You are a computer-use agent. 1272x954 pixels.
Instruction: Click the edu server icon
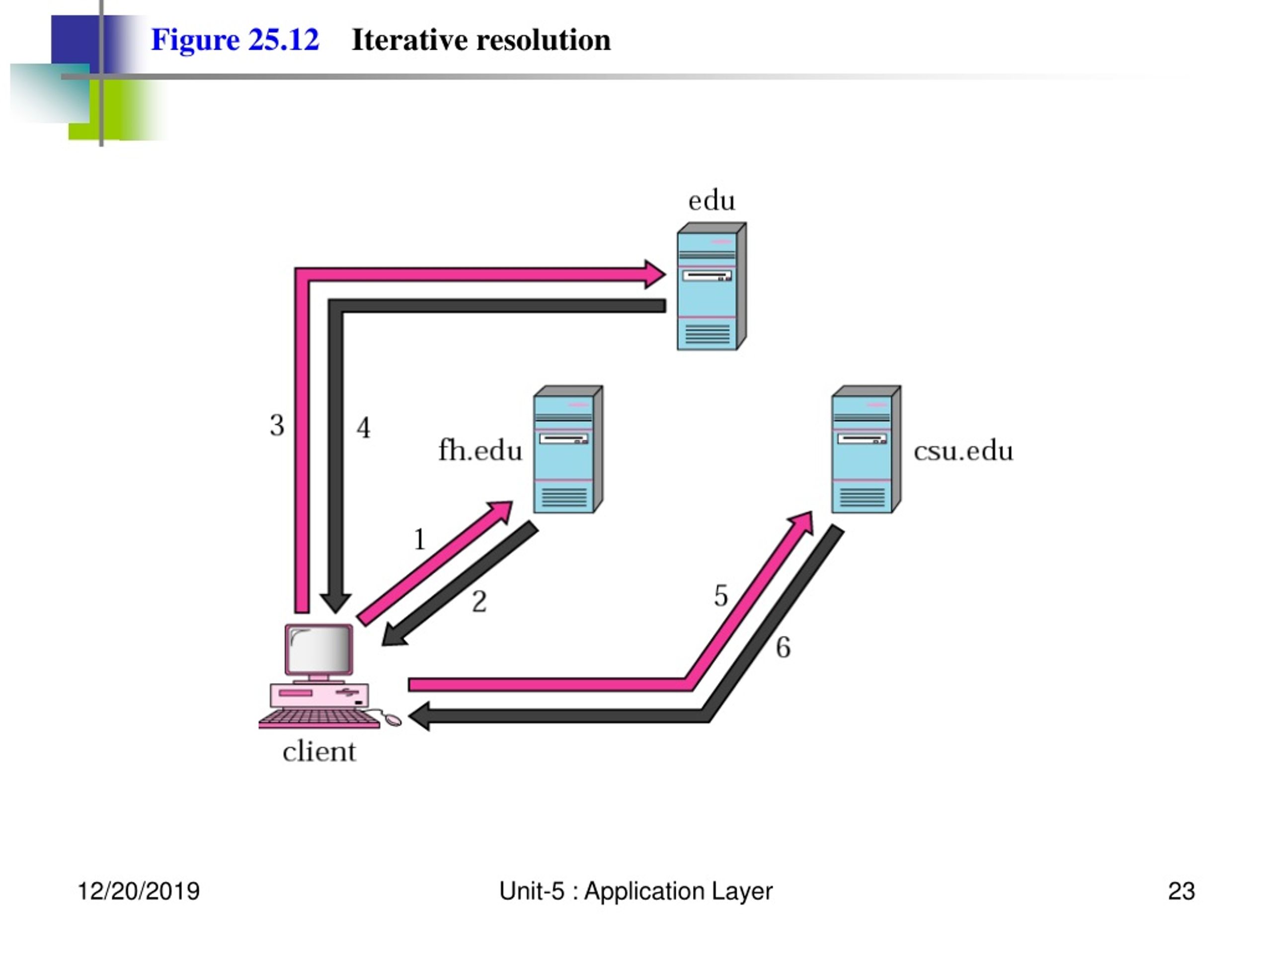(x=712, y=286)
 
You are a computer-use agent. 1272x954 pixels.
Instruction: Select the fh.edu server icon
(x=567, y=449)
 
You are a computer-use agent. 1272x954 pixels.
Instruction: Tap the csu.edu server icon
(x=866, y=449)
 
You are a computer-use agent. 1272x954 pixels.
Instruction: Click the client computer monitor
(x=319, y=651)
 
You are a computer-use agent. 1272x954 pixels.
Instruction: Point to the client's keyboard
(x=319, y=719)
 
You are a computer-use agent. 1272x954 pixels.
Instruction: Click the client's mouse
(x=393, y=719)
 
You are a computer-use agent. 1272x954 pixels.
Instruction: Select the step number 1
(x=420, y=540)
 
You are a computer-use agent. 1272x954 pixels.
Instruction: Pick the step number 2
(x=479, y=602)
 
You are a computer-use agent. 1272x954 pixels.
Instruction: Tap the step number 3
(x=277, y=425)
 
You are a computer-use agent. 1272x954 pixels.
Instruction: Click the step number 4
(x=363, y=427)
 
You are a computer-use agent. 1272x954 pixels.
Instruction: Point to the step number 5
(x=721, y=596)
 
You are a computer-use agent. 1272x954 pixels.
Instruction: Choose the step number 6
(x=783, y=647)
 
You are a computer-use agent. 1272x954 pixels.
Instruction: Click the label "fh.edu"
(x=480, y=450)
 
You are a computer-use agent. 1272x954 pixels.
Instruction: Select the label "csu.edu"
(x=963, y=450)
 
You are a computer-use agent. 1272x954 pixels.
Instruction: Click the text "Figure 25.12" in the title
(x=235, y=40)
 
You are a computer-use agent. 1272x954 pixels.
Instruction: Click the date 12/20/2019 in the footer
(x=139, y=891)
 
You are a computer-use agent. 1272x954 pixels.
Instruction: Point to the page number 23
(x=1181, y=891)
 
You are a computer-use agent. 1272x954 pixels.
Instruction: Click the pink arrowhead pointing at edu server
(x=654, y=274)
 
